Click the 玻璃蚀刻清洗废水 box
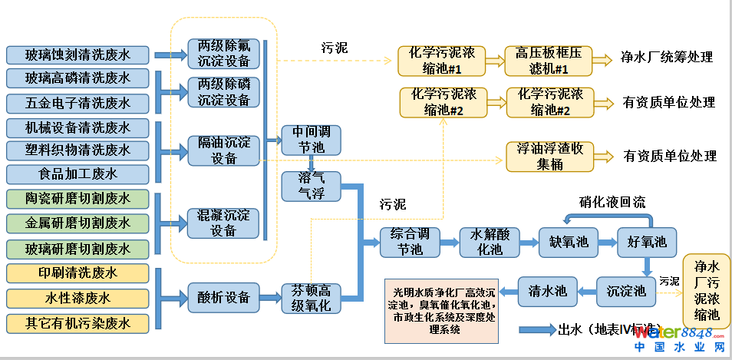point(78,55)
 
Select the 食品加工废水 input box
point(78,174)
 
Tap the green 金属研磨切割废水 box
point(78,223)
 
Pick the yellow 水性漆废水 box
point(78,298)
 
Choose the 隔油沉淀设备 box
point(224,150)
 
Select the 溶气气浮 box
point(311,185)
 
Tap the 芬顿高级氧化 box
point(311,297)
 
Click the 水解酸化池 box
point(490,242)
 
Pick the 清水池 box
point(547,291)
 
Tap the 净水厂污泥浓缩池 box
point(707,291)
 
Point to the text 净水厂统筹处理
point(667,57)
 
